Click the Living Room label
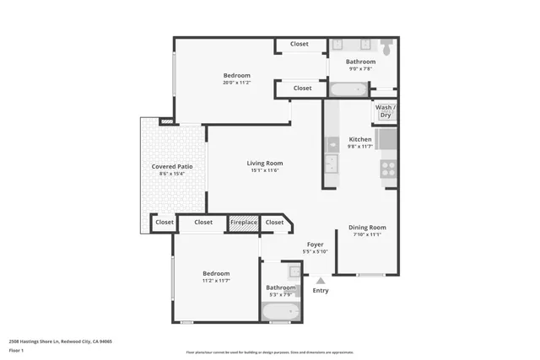264,163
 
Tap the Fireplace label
244,223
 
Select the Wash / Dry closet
385,111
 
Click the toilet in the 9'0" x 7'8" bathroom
386,49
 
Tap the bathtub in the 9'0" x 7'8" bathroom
348,89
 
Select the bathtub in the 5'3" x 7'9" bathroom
279,314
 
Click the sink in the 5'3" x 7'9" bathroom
293,271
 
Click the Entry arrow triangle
320,280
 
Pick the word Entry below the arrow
321,291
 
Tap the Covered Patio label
172,167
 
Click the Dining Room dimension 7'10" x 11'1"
367,234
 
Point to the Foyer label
315,244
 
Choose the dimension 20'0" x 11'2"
237,83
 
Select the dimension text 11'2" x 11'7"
216,281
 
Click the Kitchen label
360,139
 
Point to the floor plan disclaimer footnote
270,352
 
